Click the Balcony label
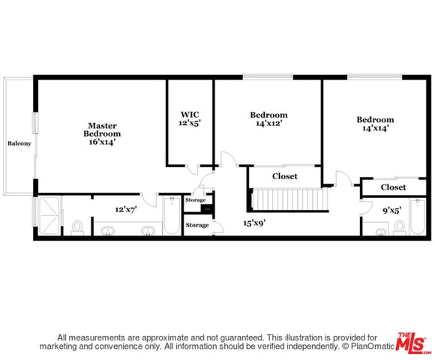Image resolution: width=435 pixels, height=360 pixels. point(19,143)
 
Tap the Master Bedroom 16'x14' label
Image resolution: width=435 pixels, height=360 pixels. point(102,133)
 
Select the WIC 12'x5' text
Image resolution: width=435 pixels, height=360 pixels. point(190,118)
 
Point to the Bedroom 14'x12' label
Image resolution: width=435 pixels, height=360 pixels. point(268,119)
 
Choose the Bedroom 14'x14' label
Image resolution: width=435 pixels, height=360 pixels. point(375,124)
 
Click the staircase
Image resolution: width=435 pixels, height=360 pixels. point(289,199)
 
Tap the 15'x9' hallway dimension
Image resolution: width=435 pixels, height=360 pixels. point(254,223)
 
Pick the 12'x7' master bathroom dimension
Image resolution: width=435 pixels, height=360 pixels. point(126,209)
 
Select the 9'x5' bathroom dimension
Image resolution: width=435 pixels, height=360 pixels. point(391,211)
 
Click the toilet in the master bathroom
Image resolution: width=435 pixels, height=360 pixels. point(77,228)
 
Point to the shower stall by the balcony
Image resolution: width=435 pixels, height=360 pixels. point(49,215)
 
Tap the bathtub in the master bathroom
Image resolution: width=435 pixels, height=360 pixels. point(172,215)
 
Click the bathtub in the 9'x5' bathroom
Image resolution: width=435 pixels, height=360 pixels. point(417,217)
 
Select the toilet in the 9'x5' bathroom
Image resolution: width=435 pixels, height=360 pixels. point(400,228)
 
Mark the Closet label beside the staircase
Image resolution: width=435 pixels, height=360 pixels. point(285,176)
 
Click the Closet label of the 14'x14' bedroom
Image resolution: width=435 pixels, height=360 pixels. point(393,187)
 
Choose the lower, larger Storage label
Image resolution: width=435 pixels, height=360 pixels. point(197,225)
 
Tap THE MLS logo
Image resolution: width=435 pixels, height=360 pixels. point(412,343)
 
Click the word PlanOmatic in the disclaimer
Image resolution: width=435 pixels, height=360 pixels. point(372,346)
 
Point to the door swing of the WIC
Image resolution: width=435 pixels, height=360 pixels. point(192,169)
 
